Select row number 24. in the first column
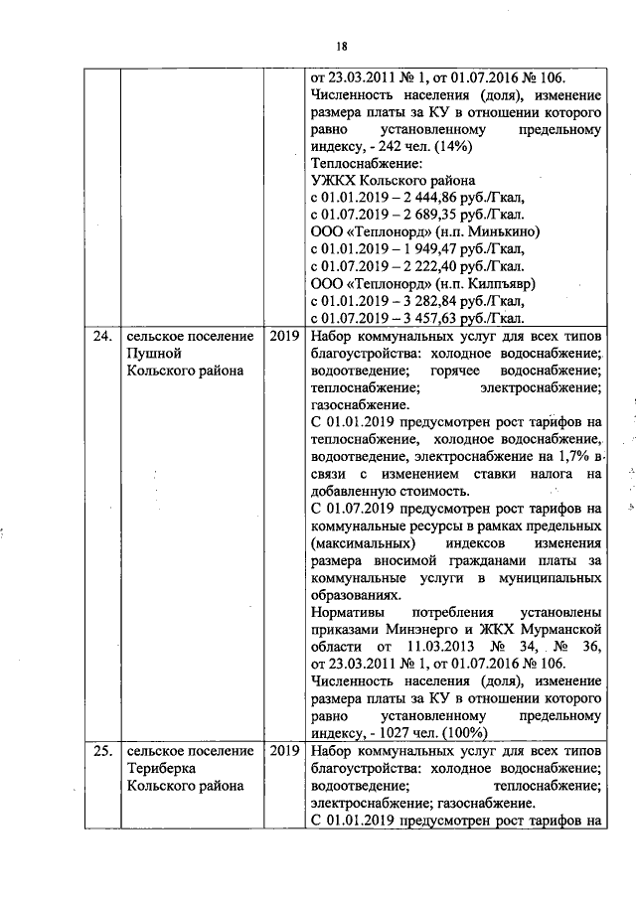(x=101, y=337)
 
